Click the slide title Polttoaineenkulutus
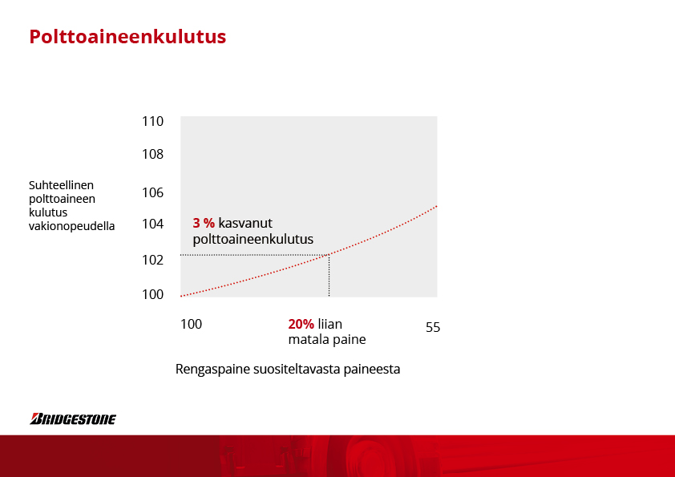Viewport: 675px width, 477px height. [x=127, y=37]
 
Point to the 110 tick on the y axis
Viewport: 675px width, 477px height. [x=153, y=121]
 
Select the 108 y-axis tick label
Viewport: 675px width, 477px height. [x=153, y=154]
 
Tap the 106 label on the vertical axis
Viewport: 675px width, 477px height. [x=153, y=192]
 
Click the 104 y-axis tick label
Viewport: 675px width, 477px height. [x=153, y=224]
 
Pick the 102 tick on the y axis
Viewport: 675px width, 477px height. [x=153, y=260]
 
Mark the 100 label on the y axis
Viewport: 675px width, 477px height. [x=153, y=294]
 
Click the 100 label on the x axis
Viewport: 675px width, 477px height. [x=191, y=324]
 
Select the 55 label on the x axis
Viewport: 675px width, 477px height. [x=433, y=328]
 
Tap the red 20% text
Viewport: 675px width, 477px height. [x=301, y=324]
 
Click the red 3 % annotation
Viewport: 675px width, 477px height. [x=204, y=223]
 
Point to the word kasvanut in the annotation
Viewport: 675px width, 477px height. [x=245, y=223]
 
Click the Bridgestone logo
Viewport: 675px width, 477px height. [x=73, y=419]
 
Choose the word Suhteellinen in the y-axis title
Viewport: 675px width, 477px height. [x=61, y=185]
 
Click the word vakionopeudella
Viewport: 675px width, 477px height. [x=72, y=226]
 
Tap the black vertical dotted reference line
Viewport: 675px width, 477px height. [x=329, y=276]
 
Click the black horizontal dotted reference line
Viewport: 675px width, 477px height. [x=255, y=255]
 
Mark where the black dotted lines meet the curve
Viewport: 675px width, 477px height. [x=329, y=255]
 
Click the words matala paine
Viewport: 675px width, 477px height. [x=327, y=340]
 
